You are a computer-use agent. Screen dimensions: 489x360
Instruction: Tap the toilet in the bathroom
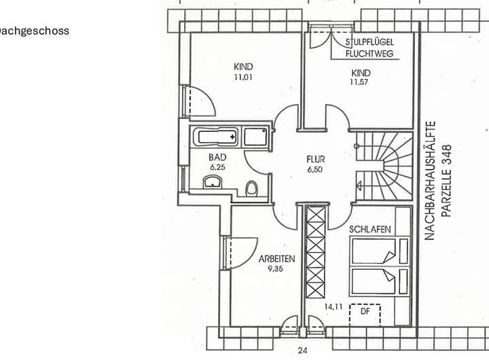(x=251, y=187)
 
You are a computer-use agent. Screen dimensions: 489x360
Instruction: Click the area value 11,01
(x=243, y=77)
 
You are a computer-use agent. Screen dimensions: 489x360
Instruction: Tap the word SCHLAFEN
(x=370, y=230)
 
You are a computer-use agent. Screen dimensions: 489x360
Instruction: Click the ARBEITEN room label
(x=276, y=259)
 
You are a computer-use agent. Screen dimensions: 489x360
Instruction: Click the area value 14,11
(x=333, y=307)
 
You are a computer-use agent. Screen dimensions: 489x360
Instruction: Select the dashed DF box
(x=365, y=314)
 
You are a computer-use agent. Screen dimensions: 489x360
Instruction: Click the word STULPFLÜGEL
(x=369, y=42)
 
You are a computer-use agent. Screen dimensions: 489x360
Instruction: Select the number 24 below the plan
(x=303, y=350)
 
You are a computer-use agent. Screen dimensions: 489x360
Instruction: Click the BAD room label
(x=217, y=157)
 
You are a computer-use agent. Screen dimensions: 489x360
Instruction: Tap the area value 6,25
(x=217, y=166)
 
